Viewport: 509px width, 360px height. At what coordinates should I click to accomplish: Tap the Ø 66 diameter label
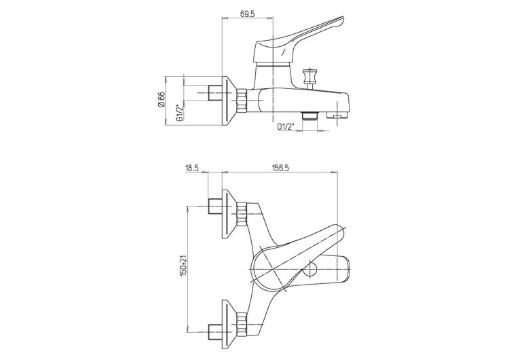162,99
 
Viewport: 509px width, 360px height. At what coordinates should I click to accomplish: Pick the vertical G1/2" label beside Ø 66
179,113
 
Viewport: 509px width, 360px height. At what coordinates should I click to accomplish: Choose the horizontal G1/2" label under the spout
285,126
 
